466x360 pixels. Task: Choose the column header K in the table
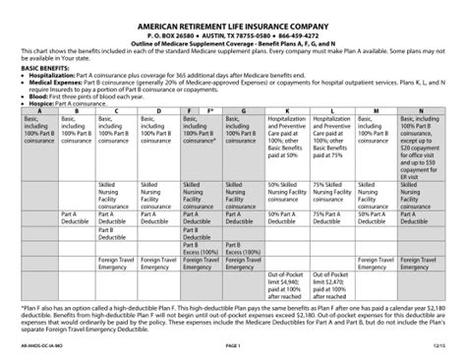pos(286,111)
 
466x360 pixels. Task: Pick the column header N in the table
pos(422,111)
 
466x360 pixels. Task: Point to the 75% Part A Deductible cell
pos(332,216)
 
